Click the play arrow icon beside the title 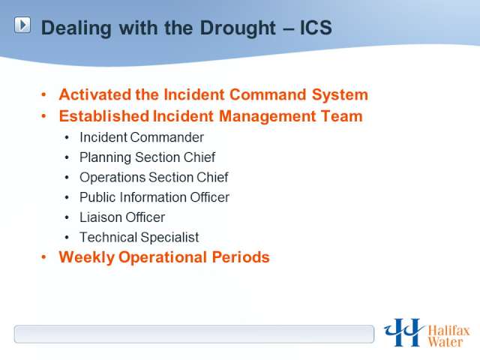22,25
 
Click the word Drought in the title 238,28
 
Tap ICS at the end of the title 316,28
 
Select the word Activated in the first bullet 95,94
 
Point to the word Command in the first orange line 268,94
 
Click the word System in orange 340,95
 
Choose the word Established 104,116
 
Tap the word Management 267,116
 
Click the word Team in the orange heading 342,116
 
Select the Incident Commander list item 142,137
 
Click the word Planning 105,158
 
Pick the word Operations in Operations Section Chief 112,178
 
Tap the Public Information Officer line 154,197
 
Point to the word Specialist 169,238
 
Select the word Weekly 87,257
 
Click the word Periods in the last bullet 241,257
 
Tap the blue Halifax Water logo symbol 403,332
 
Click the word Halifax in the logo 448,331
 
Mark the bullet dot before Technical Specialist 67,238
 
